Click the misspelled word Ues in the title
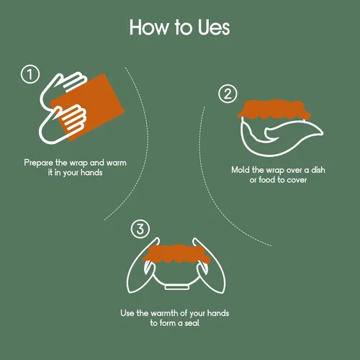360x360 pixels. [x=214, y=27]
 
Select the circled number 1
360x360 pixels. [x=30, y=74]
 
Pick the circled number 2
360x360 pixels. [x=228, y=94]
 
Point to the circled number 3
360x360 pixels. [x=140, y=229]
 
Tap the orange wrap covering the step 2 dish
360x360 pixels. [x=274, y=109]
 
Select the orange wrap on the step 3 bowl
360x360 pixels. [x=177, y=254]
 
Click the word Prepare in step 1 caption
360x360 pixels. [x=39, y=163]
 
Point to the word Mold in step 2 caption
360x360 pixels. [x=240, y=170]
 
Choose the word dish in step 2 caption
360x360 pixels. [x=318, y=170]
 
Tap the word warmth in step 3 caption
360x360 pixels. [x=164, y=313]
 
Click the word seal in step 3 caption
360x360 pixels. [x=192, y=323]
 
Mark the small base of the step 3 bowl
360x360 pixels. [x=177, y=287]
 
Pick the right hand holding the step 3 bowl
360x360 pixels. [x=210, y=266]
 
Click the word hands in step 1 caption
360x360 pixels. [x=91, y=173]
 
